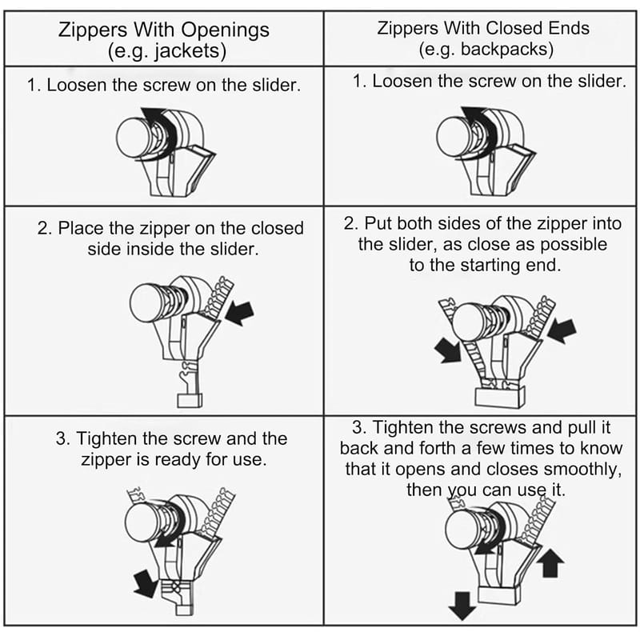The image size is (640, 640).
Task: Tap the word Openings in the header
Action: click(225, 30)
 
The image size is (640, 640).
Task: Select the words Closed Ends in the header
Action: click(538, 28)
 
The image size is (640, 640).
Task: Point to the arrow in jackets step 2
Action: click(239, 313)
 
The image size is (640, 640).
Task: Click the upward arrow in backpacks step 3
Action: click(550, 562)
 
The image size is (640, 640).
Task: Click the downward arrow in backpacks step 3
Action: click(462, 606)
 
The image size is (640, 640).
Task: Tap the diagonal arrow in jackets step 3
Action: click(146, 584)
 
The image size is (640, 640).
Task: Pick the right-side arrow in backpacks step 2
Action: click(562, 330)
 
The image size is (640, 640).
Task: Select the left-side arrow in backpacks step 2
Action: click(448, 350)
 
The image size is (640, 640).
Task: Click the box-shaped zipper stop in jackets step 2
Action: click(190, 400)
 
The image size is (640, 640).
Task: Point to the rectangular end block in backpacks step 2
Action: click(500, 396)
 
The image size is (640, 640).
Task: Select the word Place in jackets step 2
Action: click(82, 228)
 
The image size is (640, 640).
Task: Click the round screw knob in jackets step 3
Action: click(142, 522)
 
